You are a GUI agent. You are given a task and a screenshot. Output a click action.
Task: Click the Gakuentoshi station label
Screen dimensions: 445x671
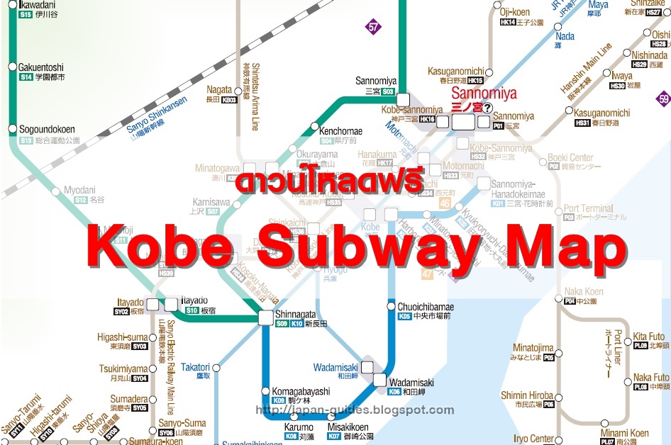pos(41,67)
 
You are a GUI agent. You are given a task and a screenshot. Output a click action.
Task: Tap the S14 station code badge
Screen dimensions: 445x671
pos(26,77)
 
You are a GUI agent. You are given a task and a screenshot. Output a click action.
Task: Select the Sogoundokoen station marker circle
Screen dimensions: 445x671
pos(12,129)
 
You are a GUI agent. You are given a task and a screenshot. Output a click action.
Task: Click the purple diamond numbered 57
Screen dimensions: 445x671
pos(373,28)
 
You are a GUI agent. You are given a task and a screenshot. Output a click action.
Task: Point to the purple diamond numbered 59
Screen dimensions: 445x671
pos(663,99)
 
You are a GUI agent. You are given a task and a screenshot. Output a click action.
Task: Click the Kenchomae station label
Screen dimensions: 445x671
pos(340,131)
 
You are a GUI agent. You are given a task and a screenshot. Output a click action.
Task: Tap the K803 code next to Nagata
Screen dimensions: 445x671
pos(229,100)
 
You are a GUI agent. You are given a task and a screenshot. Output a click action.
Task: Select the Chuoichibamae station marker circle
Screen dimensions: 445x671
pos(391,306)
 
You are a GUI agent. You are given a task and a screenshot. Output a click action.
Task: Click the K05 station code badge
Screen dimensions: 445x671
pos(404,316)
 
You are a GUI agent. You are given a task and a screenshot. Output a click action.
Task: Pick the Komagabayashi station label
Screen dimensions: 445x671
pos(301,391)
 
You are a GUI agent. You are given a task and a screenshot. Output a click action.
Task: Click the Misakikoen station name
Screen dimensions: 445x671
pos(348,427)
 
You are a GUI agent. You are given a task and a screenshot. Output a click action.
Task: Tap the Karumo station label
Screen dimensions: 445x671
pos(299,427)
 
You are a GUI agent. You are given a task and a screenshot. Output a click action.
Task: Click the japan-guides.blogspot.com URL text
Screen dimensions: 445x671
pos(354,410)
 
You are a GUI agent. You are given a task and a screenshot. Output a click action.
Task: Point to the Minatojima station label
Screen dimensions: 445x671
pos(533,348)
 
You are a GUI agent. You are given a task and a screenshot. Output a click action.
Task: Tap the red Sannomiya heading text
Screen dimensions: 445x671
pos(484,94)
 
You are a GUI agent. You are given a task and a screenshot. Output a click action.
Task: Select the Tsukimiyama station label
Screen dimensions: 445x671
pos(123,369)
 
